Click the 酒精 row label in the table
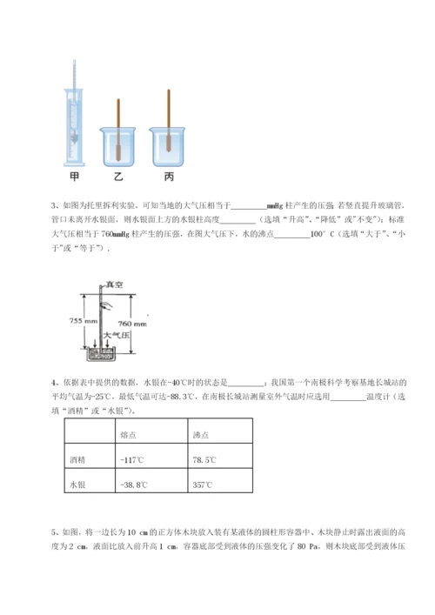(77, 459)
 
